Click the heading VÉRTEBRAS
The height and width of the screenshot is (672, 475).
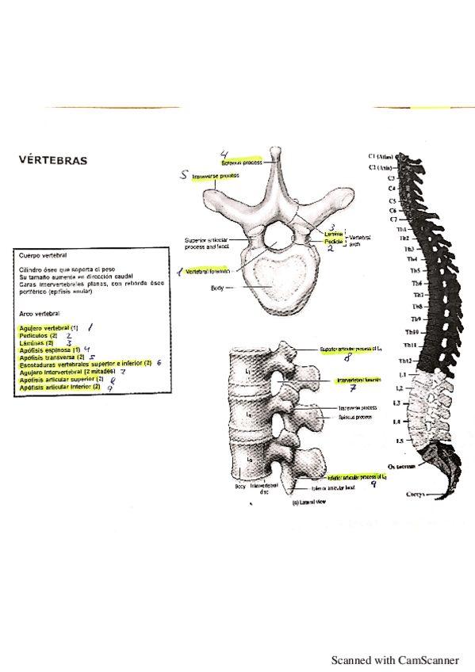[x=53, y=161]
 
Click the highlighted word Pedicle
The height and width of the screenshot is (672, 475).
[x=333, y=240]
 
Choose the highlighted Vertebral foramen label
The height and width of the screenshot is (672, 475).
[x=207, y=271]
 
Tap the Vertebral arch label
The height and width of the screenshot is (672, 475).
[x=361, y=240]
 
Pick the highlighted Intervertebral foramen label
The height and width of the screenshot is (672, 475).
[x=358, y=381]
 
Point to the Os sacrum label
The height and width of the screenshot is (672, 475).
[x=398, y=467]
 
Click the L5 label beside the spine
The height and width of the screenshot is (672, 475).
[x=400, y=441]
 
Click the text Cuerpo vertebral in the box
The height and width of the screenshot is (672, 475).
[x=42, y=256]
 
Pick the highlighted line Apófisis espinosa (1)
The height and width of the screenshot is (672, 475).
[x=48, y=349]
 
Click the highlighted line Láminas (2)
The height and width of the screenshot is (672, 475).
[x=36, y=342]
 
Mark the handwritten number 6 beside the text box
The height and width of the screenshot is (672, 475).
[x=159, y=363]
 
